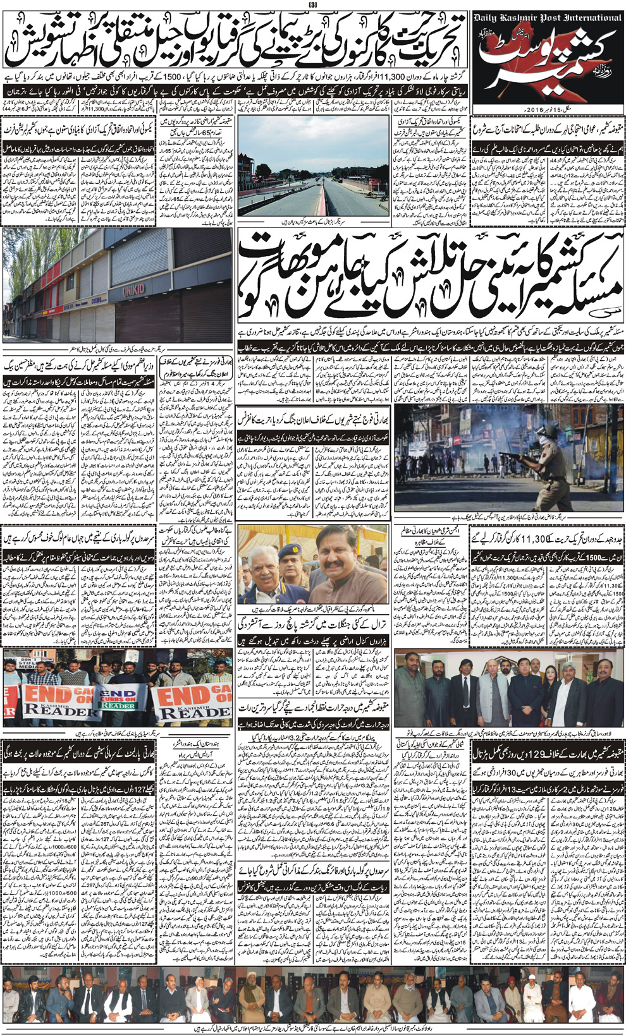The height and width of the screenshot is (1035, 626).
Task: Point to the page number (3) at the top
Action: click(x=312, y=6)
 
